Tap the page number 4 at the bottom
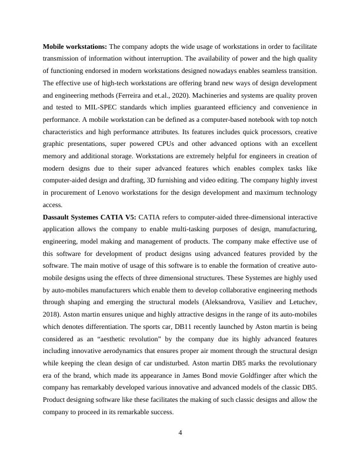[181, 434]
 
